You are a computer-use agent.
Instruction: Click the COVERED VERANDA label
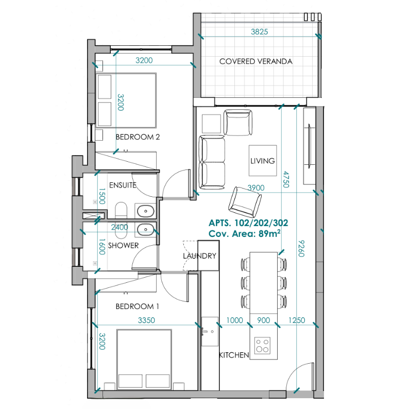pos(256,61)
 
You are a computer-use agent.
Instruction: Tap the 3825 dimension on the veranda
pos(259,32)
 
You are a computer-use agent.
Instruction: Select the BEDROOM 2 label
pos(138,137)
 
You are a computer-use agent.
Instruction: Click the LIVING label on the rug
pos(263,161)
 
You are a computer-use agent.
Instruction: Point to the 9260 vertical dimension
pos(301,249)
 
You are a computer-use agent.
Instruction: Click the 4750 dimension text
pos(286,179)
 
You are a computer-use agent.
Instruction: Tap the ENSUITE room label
pos(123,185)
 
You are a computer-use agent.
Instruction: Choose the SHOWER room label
pos(124,246)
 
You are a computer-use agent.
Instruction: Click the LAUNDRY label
pos(199,256)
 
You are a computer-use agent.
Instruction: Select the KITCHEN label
pos(234,355)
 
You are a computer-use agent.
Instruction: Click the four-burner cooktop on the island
pos(262,345)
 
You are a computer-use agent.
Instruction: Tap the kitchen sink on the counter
pos(210,332)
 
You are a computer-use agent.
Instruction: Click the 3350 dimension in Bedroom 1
pos(146,320)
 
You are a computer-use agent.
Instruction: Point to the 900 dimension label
pos(263,320)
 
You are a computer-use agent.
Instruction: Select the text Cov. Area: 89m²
pos(245,233)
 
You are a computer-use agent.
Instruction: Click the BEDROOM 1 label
pos(138,306)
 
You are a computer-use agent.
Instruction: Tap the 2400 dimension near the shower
pos(120,227)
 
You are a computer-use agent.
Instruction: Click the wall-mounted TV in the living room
pos(310,146)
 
